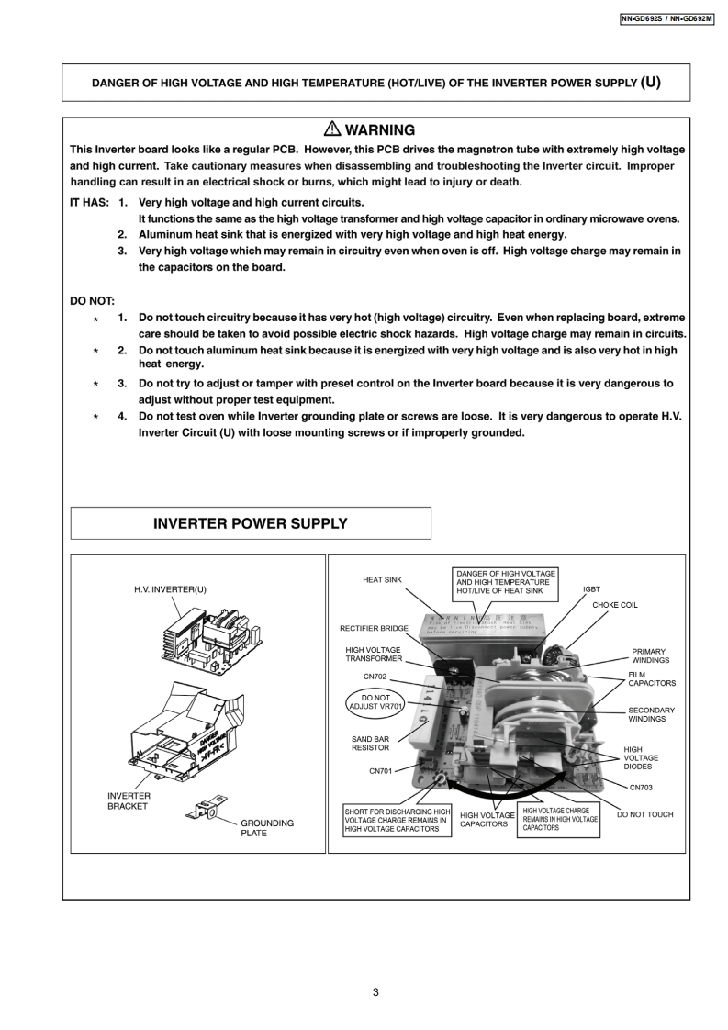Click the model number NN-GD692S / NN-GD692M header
(666, 18)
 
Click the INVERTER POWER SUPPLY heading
(250, 523)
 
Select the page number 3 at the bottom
(375, 992)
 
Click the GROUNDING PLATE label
(267, 828)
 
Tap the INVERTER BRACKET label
(129, 801)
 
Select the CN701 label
(381, 771)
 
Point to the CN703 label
(642, 787)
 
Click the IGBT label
(591, 588)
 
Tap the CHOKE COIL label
(614, 605)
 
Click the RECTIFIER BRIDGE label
(374, 629)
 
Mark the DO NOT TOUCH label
(644, 814)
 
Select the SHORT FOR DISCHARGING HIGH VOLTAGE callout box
(398, 821)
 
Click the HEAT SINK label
(382, 579)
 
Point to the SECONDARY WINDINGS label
(651, 714)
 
